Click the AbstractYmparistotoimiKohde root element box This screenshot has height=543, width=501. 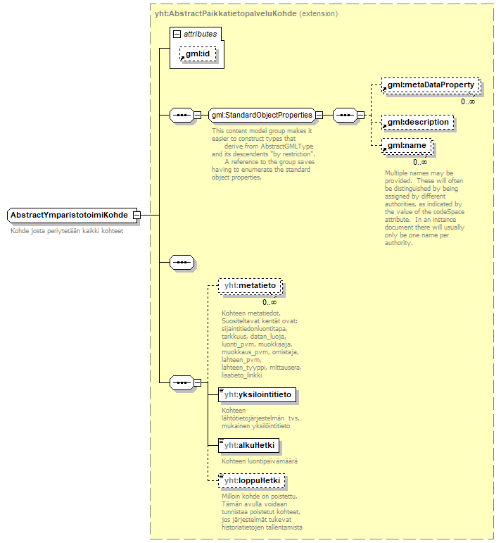(69, 215)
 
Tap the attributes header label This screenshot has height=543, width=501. (200, 34)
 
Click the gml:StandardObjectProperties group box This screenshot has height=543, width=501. (261, 115)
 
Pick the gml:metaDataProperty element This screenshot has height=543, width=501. (431, 85)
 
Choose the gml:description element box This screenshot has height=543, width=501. (417, 122)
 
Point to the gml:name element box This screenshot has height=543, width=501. (407, 147)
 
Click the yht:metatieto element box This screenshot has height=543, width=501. (250, 285)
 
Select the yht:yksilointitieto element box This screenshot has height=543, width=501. (257, 395)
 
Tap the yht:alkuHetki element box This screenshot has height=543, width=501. (249, 445)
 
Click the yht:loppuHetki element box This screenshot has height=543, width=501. (251, 480)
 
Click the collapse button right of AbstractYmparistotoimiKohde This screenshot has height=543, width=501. (137, 215)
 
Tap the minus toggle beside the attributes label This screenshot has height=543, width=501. (177, 34)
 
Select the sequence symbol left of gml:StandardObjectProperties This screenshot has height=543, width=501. (182, 115)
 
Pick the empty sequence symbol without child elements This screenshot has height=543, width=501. (182, 262)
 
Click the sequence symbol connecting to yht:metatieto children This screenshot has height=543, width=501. (182, 382)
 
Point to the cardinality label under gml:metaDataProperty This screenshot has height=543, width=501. (467, 101)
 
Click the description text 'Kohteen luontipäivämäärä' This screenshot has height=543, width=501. (260, 461)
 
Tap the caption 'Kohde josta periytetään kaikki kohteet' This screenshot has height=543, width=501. (67, 231)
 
